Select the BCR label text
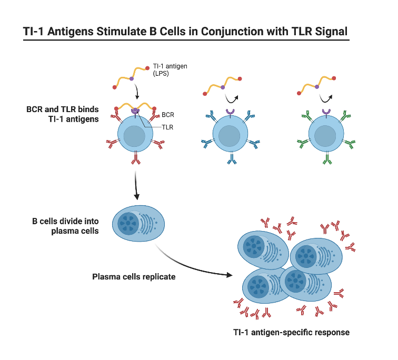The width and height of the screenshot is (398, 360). pyautogui.click(x=168, y=114)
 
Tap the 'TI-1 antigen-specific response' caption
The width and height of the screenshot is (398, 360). pyautogui.click(x=291, y=332)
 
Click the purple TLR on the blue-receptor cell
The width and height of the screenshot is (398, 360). pyautogui.click(x=230, y=112)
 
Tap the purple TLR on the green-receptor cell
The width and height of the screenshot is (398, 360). pyautogui.click(x=325, y=112)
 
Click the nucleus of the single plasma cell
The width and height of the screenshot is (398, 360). pyautogui.click(x=128, y=223)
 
